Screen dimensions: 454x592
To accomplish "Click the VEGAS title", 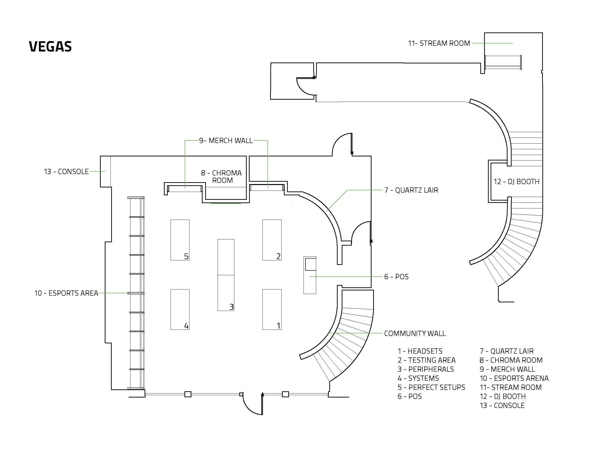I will tap(50, 46).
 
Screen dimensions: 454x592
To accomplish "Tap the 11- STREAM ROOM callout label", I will tap(439, 43).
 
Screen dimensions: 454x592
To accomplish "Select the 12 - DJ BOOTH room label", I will tap(516, 182).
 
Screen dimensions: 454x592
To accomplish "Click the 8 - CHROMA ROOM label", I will tap(221, 176).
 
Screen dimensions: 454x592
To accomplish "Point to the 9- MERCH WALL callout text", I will tap(226, 140).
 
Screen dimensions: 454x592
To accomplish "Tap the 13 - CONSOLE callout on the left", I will tap(66, 172).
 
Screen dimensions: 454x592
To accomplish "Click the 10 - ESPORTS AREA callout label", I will tap(66, 293).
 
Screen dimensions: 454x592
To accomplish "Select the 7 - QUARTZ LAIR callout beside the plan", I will tap(411, 190).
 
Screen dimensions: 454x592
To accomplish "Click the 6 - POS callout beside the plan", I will tap(396, 277).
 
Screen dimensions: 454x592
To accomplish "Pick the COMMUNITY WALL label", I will tap(414, 334).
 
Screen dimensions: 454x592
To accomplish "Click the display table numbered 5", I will tap(180, 240).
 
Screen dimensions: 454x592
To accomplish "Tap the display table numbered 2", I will tap(272, 240).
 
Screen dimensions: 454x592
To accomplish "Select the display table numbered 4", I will tap(180, 309).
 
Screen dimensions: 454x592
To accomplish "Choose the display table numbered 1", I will tap(272, 309).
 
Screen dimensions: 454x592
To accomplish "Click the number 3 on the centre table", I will tap(231, 307).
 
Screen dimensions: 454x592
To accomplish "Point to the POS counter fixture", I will tap(310, 275).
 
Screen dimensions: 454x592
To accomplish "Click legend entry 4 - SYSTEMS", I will tap(418, 378).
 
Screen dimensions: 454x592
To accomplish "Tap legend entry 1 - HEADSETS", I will tap(420, 351).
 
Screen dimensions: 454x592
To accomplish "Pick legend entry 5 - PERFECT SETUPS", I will tap(431, 387).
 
